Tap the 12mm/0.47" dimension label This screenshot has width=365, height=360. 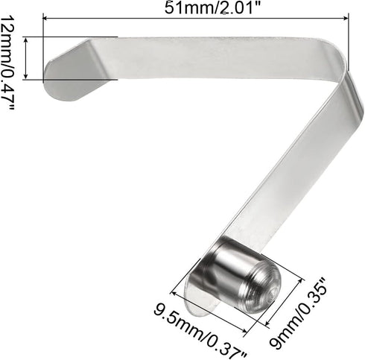(x=8, y=63)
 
